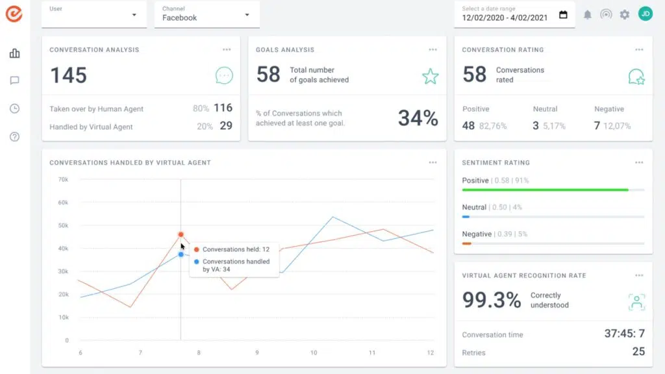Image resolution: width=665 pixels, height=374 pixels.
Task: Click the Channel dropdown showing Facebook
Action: (x=207, y=14)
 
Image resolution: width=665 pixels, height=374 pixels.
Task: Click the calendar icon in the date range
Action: (x=563, y=14)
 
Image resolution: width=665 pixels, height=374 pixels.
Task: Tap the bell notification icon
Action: (x=588, y=14)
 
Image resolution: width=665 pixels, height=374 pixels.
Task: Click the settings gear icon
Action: (x=625, y=14)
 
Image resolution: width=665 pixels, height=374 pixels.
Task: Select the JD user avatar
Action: (x=645, y=14)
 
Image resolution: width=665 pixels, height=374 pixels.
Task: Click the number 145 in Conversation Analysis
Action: (x=68, y=75)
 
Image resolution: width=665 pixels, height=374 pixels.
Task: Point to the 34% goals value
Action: (x=418, y=118)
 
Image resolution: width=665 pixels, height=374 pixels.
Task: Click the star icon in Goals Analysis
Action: (x=430, y=77)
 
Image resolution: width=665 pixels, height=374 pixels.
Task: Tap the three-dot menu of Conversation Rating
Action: (x=639, y=49)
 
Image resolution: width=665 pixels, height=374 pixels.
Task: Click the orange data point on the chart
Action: (x=181, y=234)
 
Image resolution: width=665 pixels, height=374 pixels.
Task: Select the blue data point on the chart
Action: (x=181, y=254)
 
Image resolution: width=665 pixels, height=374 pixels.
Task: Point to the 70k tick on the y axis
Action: (x=62, y=179)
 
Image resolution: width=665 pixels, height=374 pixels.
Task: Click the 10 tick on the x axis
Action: (x=314, y=353)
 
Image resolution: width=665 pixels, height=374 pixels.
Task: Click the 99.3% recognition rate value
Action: (x=492, y=300)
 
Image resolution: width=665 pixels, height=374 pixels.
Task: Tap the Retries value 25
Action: (x=638, y=351)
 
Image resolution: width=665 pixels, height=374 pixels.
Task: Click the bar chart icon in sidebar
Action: (x=14, y=53)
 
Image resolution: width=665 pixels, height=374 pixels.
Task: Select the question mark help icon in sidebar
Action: (x=14, y=136)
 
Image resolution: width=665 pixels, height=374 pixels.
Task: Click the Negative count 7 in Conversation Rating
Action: (x=597, y=125)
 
